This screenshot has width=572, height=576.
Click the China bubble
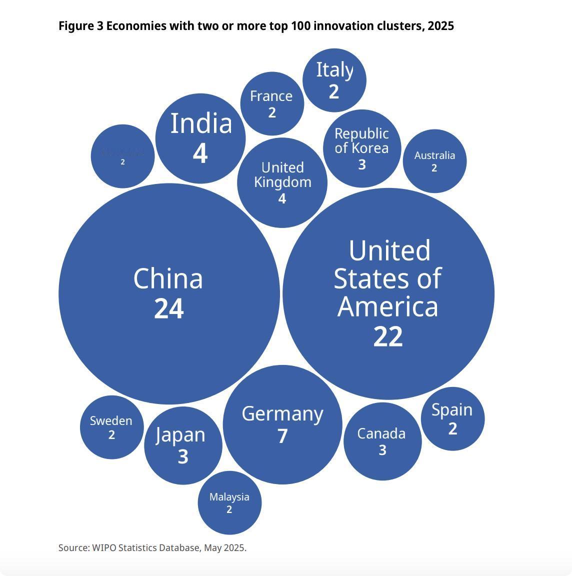pos(169,293)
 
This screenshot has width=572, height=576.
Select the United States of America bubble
pos(388,293)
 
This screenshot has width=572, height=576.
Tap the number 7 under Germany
pos(282,436)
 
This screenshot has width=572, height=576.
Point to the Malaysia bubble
pos(229,502)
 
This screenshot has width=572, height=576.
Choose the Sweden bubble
pos(111,427)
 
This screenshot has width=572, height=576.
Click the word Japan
pos(180,434)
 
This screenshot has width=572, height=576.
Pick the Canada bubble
pos(382,441)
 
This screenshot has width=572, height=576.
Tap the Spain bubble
pos(452,418)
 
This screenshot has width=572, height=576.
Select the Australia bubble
pos(434,161)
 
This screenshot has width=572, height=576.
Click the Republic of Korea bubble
pos(362,148)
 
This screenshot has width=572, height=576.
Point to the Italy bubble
pos(334,80)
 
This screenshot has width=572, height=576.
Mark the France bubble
pos(272,103)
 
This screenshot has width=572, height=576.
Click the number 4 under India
pos(200,153)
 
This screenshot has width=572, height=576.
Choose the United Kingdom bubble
pos(282,182)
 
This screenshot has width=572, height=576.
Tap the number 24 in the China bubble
pos(169,309)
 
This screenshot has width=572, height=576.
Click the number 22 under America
pos(388,337)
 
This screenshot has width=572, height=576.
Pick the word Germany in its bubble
pos(282,414)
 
